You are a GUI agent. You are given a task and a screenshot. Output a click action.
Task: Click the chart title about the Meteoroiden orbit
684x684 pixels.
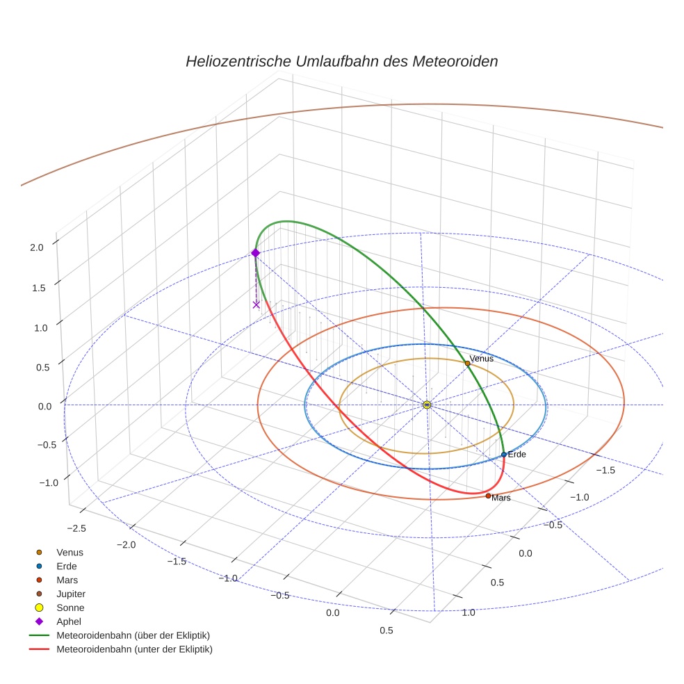(x=341, y=61)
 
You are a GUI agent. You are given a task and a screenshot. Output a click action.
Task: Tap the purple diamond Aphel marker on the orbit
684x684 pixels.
(x=255, y=253)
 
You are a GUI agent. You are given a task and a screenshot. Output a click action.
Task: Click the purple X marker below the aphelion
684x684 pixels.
(x=256, y=304)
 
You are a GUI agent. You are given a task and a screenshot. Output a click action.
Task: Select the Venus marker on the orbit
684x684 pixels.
(x=467, y=363)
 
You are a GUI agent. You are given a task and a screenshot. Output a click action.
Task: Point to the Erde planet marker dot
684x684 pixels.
(x=503, y=455)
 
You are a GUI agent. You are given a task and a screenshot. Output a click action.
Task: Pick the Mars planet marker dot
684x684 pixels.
(x=488, y=496)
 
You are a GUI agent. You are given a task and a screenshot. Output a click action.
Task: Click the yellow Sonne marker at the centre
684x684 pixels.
(x=427, y=405)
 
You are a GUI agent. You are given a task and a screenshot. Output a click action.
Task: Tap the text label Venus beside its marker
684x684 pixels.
(x=482, y=359)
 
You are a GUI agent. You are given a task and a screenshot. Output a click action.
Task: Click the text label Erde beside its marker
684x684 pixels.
(x=517, y=454)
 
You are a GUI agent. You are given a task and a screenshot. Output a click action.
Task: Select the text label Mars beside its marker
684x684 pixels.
(x=501, y=498)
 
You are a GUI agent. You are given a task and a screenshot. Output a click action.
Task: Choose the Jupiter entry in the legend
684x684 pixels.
(x=71, y=594)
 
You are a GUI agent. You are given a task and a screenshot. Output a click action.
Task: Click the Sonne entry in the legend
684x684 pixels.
(x=70, y=608)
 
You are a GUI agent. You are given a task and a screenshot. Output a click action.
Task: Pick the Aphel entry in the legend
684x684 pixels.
(x=69, y=621)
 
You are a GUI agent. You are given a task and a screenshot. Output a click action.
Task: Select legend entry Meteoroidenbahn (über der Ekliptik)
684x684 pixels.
(x=133, y=635)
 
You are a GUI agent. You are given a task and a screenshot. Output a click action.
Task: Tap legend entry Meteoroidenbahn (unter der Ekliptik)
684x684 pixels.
(x=134, y=649)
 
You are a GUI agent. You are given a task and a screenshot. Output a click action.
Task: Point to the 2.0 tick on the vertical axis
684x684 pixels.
(x=37, y=247)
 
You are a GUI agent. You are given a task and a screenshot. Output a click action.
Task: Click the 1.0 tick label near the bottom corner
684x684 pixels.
(x=469, y=612)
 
